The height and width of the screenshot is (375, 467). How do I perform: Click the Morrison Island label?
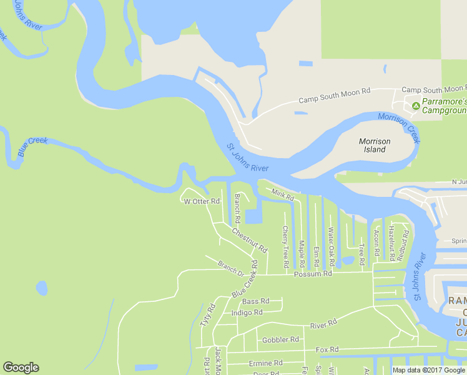tap(375, 146)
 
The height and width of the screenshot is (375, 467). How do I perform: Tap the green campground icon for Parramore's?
tap(416, 106)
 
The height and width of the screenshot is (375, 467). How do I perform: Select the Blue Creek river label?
tap(32, 147)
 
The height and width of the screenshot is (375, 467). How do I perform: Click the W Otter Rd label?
tap(202, 201)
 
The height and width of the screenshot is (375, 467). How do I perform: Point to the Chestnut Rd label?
tap(249, 240)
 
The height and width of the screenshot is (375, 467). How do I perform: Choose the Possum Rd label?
tap(313, 274)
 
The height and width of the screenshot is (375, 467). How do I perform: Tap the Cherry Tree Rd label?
tap(285, 246)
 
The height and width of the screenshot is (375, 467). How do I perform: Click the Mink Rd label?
tap(283, 195)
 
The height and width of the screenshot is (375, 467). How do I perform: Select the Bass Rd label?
tap(255, 301)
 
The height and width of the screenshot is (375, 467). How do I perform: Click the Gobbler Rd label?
tap(280, 339)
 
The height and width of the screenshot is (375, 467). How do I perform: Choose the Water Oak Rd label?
tap(332, 245)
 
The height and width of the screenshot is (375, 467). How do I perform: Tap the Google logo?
tap(21, 367)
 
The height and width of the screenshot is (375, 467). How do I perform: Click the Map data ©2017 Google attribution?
tap(429, 370)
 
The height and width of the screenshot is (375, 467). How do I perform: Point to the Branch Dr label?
tap(230, 268)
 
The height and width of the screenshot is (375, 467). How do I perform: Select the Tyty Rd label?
tap(207, 316)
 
